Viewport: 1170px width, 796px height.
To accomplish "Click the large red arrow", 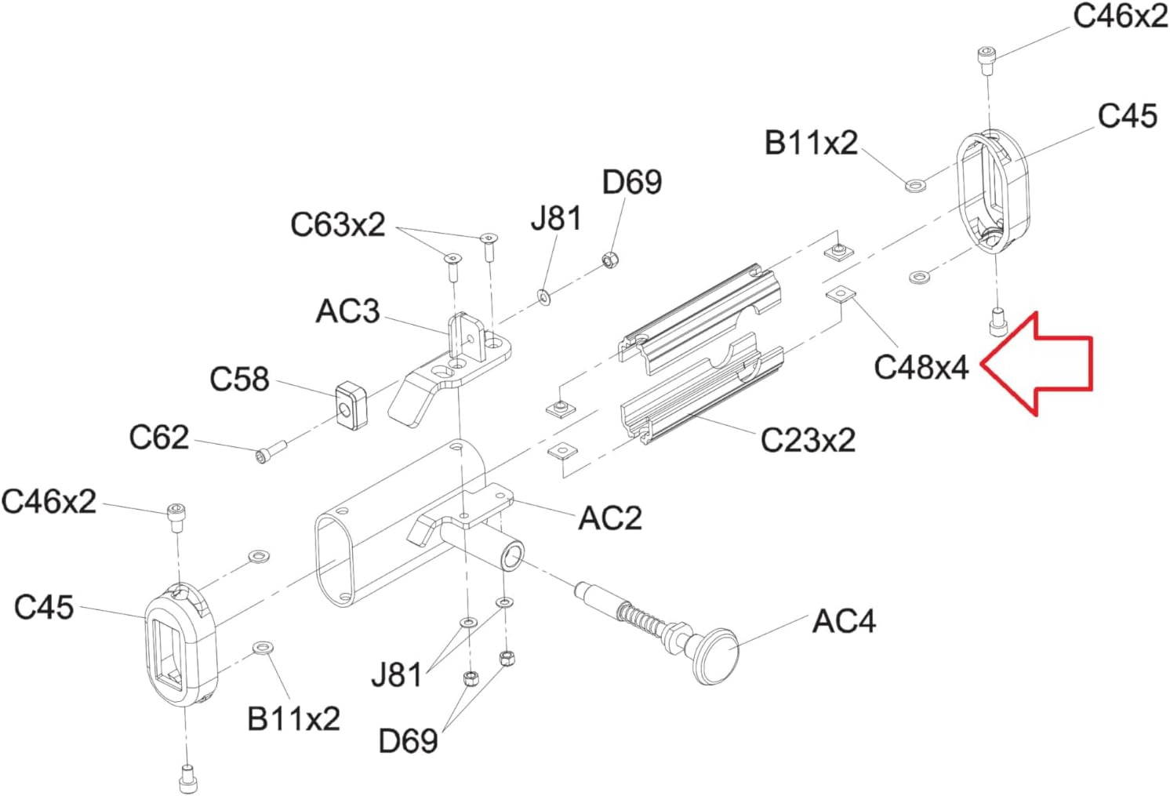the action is [x=1037, y=364].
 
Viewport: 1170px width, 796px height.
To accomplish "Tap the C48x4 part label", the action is [x=921, y=367].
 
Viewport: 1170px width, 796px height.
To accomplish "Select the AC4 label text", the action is [x=844, y=622].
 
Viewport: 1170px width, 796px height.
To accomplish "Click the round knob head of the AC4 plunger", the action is [x=716, y=656].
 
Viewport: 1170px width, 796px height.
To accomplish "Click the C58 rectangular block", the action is [x=351, y=405].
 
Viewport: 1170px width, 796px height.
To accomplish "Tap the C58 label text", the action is [x=239, y=380].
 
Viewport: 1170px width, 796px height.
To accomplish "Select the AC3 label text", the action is [x=348, y=311].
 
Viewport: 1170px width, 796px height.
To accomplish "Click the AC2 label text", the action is [x=610, y=518].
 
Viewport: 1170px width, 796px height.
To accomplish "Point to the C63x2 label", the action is [x=338, y=224].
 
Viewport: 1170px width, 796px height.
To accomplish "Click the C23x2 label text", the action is [x=808, y=440].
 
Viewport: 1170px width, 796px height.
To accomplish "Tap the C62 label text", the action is [x=158, y=437].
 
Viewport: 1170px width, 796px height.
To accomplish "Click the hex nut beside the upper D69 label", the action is [x=610, y=259].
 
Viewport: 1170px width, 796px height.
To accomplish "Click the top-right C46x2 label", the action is [x=1121, y=16].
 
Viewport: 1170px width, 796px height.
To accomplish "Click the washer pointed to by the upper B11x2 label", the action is [x=915, y=185].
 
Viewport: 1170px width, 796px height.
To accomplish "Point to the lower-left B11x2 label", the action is [x=293, y=718].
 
